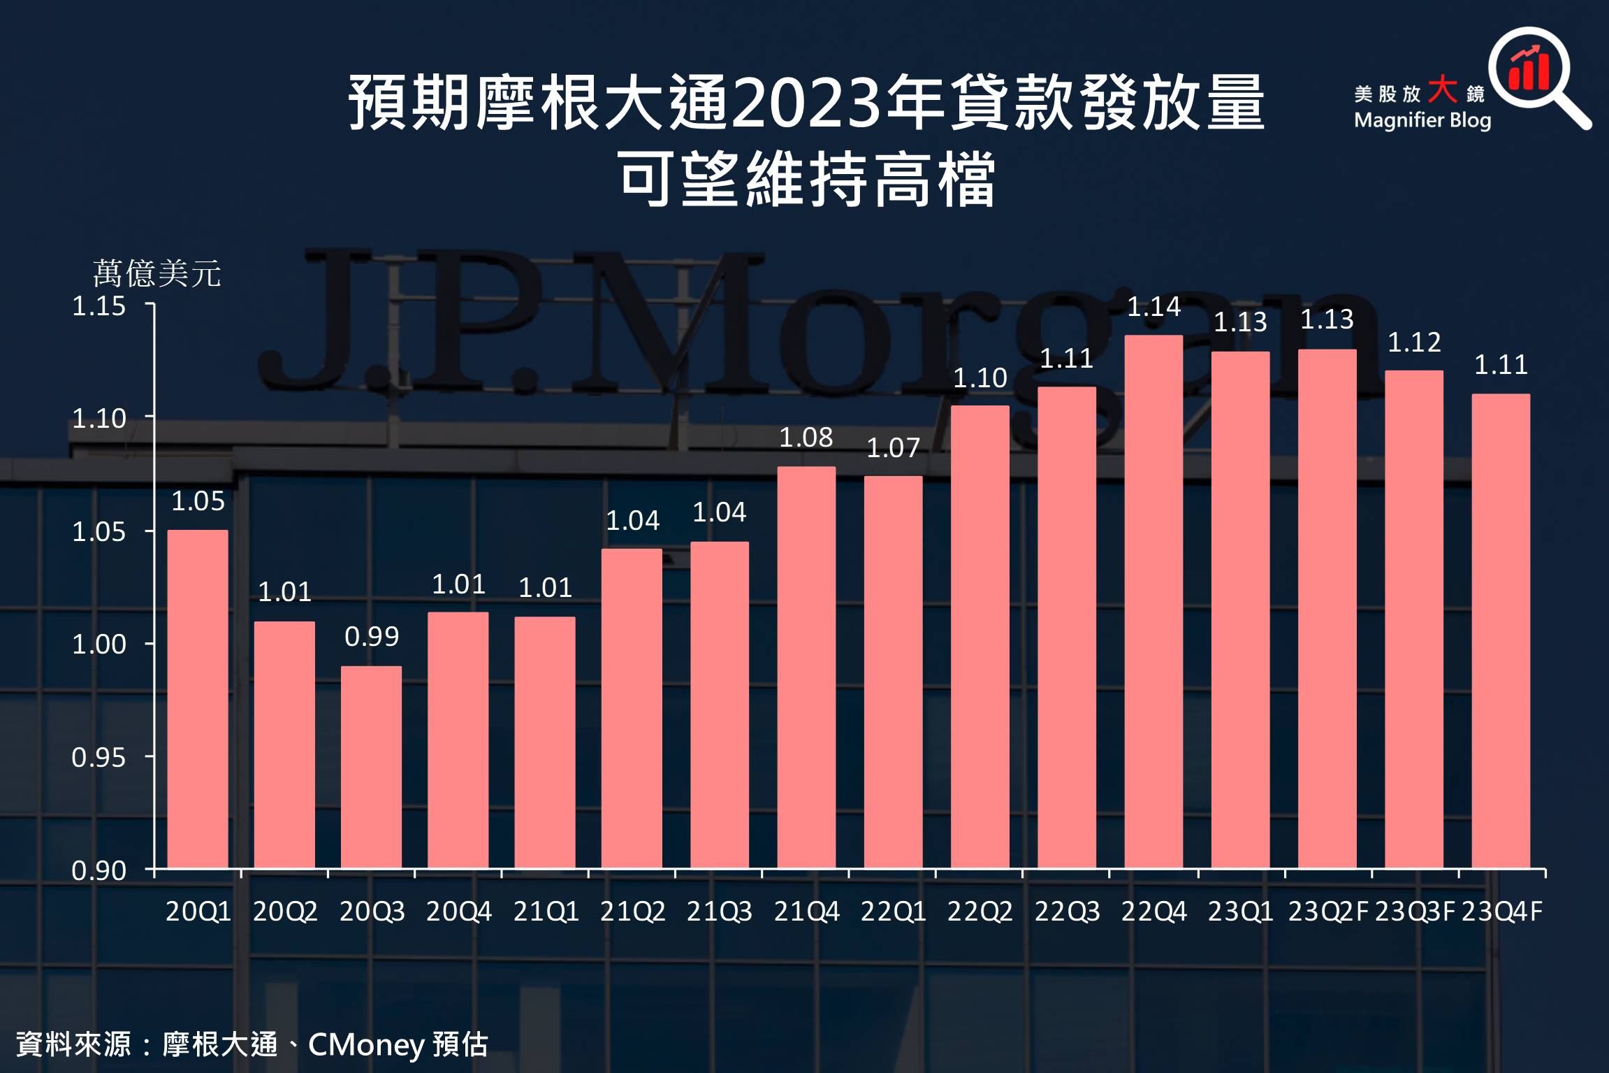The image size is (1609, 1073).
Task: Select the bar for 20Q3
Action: pos(371,767)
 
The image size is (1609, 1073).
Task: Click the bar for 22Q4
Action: pos(1153,601)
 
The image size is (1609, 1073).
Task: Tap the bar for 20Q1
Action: pos(198,699)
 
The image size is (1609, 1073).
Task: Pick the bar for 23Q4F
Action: pos(1501,631)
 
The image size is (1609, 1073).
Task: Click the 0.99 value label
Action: pos(372,636)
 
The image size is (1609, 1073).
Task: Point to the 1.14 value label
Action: pos(1153,306)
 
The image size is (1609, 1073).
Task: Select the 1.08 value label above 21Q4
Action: pos(806,438)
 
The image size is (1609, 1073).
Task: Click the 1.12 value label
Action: pos(1414,342)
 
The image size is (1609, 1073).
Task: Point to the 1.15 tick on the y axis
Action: pos(99,306)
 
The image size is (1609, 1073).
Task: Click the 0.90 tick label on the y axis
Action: pos(99,870)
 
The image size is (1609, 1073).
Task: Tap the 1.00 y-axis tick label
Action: pos(99,644)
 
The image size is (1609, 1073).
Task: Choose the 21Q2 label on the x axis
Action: pos(632,912)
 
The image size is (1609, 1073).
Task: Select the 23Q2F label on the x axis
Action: pos(1327,912)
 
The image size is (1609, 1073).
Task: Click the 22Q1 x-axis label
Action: pos(893,912)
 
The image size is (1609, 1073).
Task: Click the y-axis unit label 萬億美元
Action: pos(157,273)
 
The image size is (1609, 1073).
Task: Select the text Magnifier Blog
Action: pos(1422,120)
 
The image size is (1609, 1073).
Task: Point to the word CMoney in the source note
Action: pos(366,1044)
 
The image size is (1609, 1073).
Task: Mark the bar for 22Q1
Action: pos(893,672)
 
